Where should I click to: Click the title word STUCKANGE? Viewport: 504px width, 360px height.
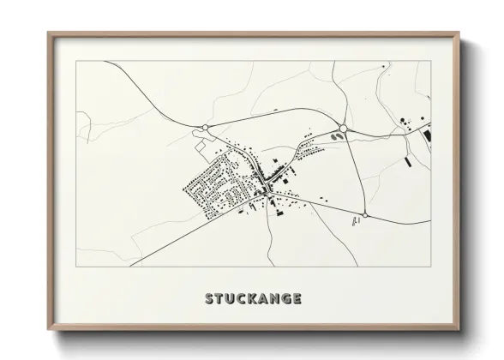coord(253,299)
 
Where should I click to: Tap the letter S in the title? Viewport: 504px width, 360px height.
coord(210,299)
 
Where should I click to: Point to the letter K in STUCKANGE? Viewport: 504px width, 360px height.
coord(253,299)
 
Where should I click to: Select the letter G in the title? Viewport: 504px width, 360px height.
coord(285,299)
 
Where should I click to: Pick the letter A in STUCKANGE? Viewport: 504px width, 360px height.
coord(263,299)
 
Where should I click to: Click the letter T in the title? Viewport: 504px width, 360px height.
coord(220,299)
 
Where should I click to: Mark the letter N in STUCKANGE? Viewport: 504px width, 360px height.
coord(274,299)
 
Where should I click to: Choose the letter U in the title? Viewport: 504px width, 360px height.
coord(231,299)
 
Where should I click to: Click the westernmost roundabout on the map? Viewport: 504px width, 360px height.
coord(206,129)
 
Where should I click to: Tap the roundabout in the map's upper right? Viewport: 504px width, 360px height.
coord(343,128)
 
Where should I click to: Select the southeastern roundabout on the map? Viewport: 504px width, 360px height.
coord(365,215)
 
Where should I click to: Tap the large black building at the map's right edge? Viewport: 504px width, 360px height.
coord(426,134)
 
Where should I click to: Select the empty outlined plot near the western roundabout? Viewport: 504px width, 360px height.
coord(204,147)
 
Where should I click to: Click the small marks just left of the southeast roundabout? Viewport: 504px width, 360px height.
coord(353,222)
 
